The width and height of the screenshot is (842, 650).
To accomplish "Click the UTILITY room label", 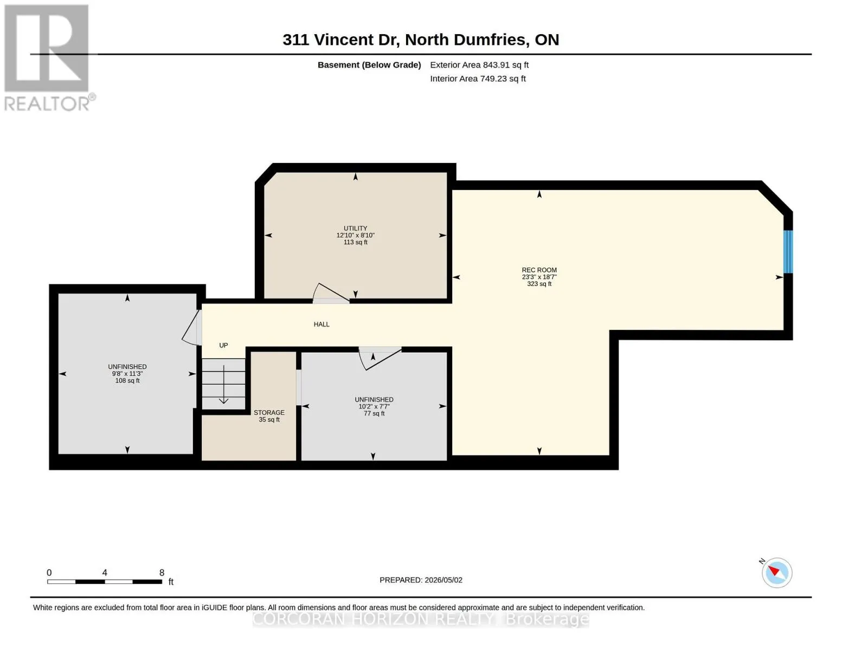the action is click(x=355, y=229).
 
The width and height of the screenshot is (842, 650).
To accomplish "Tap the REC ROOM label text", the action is click(x=539, y=270).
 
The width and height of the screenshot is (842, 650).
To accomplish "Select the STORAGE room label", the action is click(x=269, y=413).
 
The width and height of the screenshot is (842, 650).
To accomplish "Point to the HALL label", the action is click(x=322, y=324).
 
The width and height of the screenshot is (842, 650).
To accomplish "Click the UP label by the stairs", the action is click(x=223, y=346).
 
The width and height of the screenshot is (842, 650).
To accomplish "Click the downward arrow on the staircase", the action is click(x=224, y=385).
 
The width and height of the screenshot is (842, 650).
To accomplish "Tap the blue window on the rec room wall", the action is click(x=788, y=252).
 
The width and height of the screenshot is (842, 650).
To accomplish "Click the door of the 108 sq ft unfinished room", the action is click(x=192, y=327).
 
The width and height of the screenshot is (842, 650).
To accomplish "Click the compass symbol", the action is click(x=776, y=573).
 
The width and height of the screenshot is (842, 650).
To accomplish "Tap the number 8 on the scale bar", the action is click(x=162, y=573).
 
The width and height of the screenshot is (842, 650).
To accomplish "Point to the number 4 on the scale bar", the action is click(x=105, y=573).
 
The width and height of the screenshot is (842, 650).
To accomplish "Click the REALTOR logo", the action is click(x=48, y=58).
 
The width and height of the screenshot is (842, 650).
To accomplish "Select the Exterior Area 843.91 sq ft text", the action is click(x=479, y=65).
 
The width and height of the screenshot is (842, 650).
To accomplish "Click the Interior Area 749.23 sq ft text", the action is click(x=478, y=79).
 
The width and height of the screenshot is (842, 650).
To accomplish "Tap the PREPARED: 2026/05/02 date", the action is click(x=421, y=580).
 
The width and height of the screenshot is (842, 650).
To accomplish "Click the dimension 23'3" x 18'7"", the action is click(x=539, y=277).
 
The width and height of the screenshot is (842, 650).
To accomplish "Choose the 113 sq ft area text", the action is click(x=355, y=242).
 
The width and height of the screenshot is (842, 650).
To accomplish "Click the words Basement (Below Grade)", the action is click(x=369, y=65).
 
